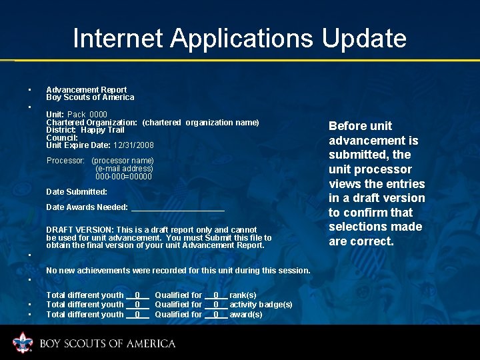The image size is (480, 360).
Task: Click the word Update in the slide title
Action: coord(364,39)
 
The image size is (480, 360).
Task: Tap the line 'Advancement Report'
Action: coord(86,89)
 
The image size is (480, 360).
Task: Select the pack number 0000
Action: coord(98,115)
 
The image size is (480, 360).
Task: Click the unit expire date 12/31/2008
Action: coord(133,145)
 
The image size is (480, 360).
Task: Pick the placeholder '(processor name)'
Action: coord(123,161)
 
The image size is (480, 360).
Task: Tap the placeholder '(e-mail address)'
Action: coord(124,169)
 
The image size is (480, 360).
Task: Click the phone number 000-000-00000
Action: coord(123,177)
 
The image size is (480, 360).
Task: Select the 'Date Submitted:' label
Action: coord(77,192)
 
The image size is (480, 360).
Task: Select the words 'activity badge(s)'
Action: coord(261,305)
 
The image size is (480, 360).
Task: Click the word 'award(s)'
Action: coord(246,315)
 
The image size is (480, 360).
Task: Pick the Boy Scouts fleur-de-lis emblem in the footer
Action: coord(23,343)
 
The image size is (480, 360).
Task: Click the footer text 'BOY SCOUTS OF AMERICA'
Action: coord(107,344)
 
